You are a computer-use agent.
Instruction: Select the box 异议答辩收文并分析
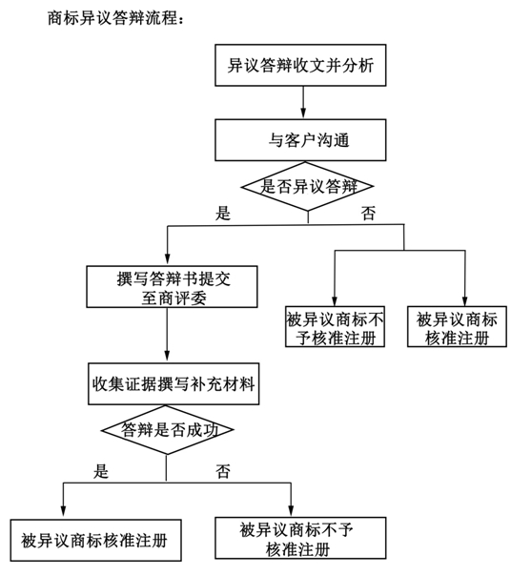[x=300, y=66]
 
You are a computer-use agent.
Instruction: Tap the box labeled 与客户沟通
[x=300, y=140]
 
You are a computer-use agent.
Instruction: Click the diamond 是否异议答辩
[x=307, y=186]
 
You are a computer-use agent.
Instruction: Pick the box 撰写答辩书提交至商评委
[x=172, y=287]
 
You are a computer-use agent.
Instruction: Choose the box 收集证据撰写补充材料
[x=174, y=384]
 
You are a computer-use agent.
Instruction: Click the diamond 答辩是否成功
[x=167, y=430]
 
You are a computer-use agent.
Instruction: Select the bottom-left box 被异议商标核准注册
[x=96, y=540]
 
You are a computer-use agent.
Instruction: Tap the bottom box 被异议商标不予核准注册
[x=300, y=538]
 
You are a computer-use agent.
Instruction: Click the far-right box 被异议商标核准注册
[x=457, y=326]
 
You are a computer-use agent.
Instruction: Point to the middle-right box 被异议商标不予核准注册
[x=335, y=326]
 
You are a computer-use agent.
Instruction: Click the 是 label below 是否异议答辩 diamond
[x=223, y=213]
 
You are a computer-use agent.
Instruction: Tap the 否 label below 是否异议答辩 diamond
[x=368, y=213]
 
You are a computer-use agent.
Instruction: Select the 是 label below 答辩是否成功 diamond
[x=101, y=471]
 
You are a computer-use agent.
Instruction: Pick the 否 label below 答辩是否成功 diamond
[x=223, y=471]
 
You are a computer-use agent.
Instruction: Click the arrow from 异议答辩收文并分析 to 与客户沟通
[x=303, y=102]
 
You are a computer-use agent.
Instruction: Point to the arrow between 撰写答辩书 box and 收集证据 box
[x=167, y=335]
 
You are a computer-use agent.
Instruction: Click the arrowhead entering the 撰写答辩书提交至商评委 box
[x=168, y=259]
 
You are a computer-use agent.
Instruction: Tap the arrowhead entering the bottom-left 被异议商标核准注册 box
[x=63, y=512]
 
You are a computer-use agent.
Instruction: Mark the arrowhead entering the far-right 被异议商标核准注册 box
[x=465, y=299]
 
